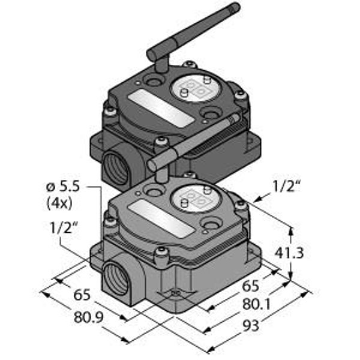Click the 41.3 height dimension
pos(289,253)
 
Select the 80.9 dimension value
pos(88,317)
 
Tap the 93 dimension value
pos(251,326)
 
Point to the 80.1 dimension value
pos(257,304)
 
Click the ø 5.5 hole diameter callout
pos(63,187)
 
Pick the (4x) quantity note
pos(59,203)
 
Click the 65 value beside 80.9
pos(82,295)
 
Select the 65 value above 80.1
pos(251,286)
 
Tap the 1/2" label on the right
pos(286,186)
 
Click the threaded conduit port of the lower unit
pos(115,279)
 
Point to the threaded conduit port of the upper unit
pos(115,169)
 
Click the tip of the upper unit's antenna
pos(236,6)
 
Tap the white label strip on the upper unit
pos(161,108)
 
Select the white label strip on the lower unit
pos(161,218)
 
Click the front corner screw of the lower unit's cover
pos(161,253)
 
